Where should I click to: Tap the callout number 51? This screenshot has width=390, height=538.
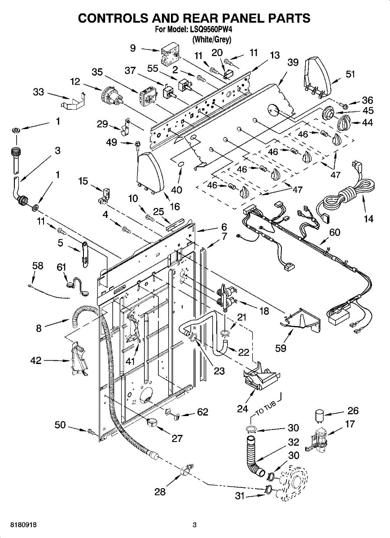[350, 74]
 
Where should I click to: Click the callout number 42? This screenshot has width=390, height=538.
[36, 360]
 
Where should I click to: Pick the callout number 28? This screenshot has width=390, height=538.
[160, 492]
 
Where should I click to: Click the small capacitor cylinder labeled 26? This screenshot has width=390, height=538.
[319, 416]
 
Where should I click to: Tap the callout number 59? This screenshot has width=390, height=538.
[280, 348]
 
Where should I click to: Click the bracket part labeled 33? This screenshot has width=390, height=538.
[73, 101]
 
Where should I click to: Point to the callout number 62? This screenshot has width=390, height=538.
[202, 412]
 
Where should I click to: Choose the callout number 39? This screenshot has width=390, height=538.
[293, 62]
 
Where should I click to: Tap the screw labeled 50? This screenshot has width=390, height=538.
[92, 432]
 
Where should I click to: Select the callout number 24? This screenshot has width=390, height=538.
[242, 408]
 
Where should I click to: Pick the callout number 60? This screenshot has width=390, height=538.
[334, 232]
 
